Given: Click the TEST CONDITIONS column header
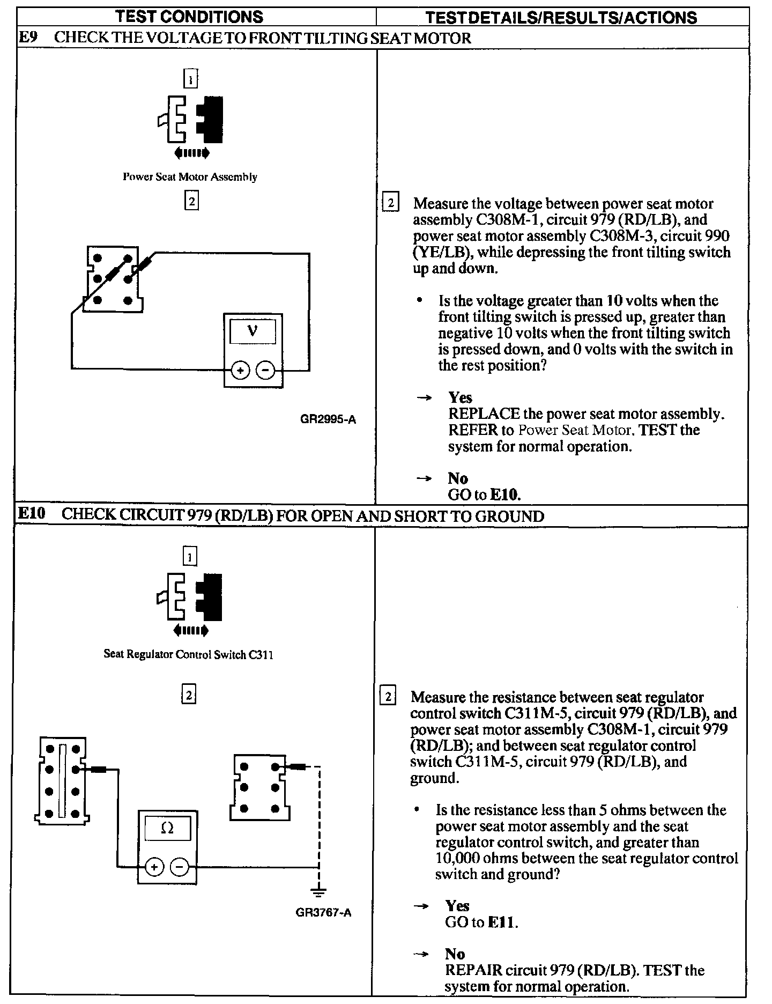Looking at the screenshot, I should pyautogui.click(x=190, y=17).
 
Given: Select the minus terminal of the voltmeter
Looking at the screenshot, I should pyautogui.click(x=265, y=370).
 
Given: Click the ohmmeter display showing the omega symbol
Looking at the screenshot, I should pyautogui.click(x=167, y=829).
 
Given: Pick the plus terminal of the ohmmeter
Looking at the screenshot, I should pyautogui.click(x=154, y=867).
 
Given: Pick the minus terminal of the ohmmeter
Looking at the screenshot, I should pyautogui.click(x=180, y=867).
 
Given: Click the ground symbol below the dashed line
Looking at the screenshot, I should pyautogui.click(x=318, y=893).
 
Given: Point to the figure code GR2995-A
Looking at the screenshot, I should pyautogui.click(x=328, y=420).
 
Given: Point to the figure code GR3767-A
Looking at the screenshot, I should pyautogui.click(x=323, y=912).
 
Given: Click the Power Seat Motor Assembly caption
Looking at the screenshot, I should pyautogui.click(x=190, y=177).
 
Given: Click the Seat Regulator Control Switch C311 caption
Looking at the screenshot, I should pyautogui.click(x=188, y=654).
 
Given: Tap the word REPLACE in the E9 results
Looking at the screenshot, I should pyautogui.click(x=484, y=414).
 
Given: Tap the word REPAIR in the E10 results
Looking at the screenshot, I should pyautogui.click(x=473, y=970).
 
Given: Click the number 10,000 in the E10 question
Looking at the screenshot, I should pyautogui.click(x=457, y=858).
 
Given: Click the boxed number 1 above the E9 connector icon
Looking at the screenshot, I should pyautogui.click(x=190, y=80).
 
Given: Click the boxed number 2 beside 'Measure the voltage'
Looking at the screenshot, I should pyautogui.click(x=390, y=203).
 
